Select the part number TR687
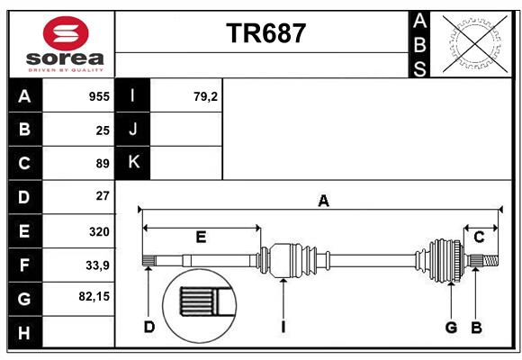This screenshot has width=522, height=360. (266, 33)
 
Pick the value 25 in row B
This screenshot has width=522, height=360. (103, 130)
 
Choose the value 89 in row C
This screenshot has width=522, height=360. (103, 164)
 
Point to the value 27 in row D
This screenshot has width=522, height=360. (103, 195)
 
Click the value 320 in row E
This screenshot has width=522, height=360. (99, 231)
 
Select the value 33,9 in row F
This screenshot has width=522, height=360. (97, 265)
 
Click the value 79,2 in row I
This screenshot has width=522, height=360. (205, 96)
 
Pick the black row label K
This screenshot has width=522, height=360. (133, 163)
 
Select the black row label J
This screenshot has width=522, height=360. (133, 130)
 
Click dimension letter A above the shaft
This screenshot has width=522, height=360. (322, 201)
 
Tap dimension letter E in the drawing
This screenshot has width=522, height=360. (201, 237)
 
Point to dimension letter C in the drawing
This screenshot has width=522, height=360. (479, 237)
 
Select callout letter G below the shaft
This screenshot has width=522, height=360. (451, 327)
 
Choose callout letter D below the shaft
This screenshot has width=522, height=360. (149, 327)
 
